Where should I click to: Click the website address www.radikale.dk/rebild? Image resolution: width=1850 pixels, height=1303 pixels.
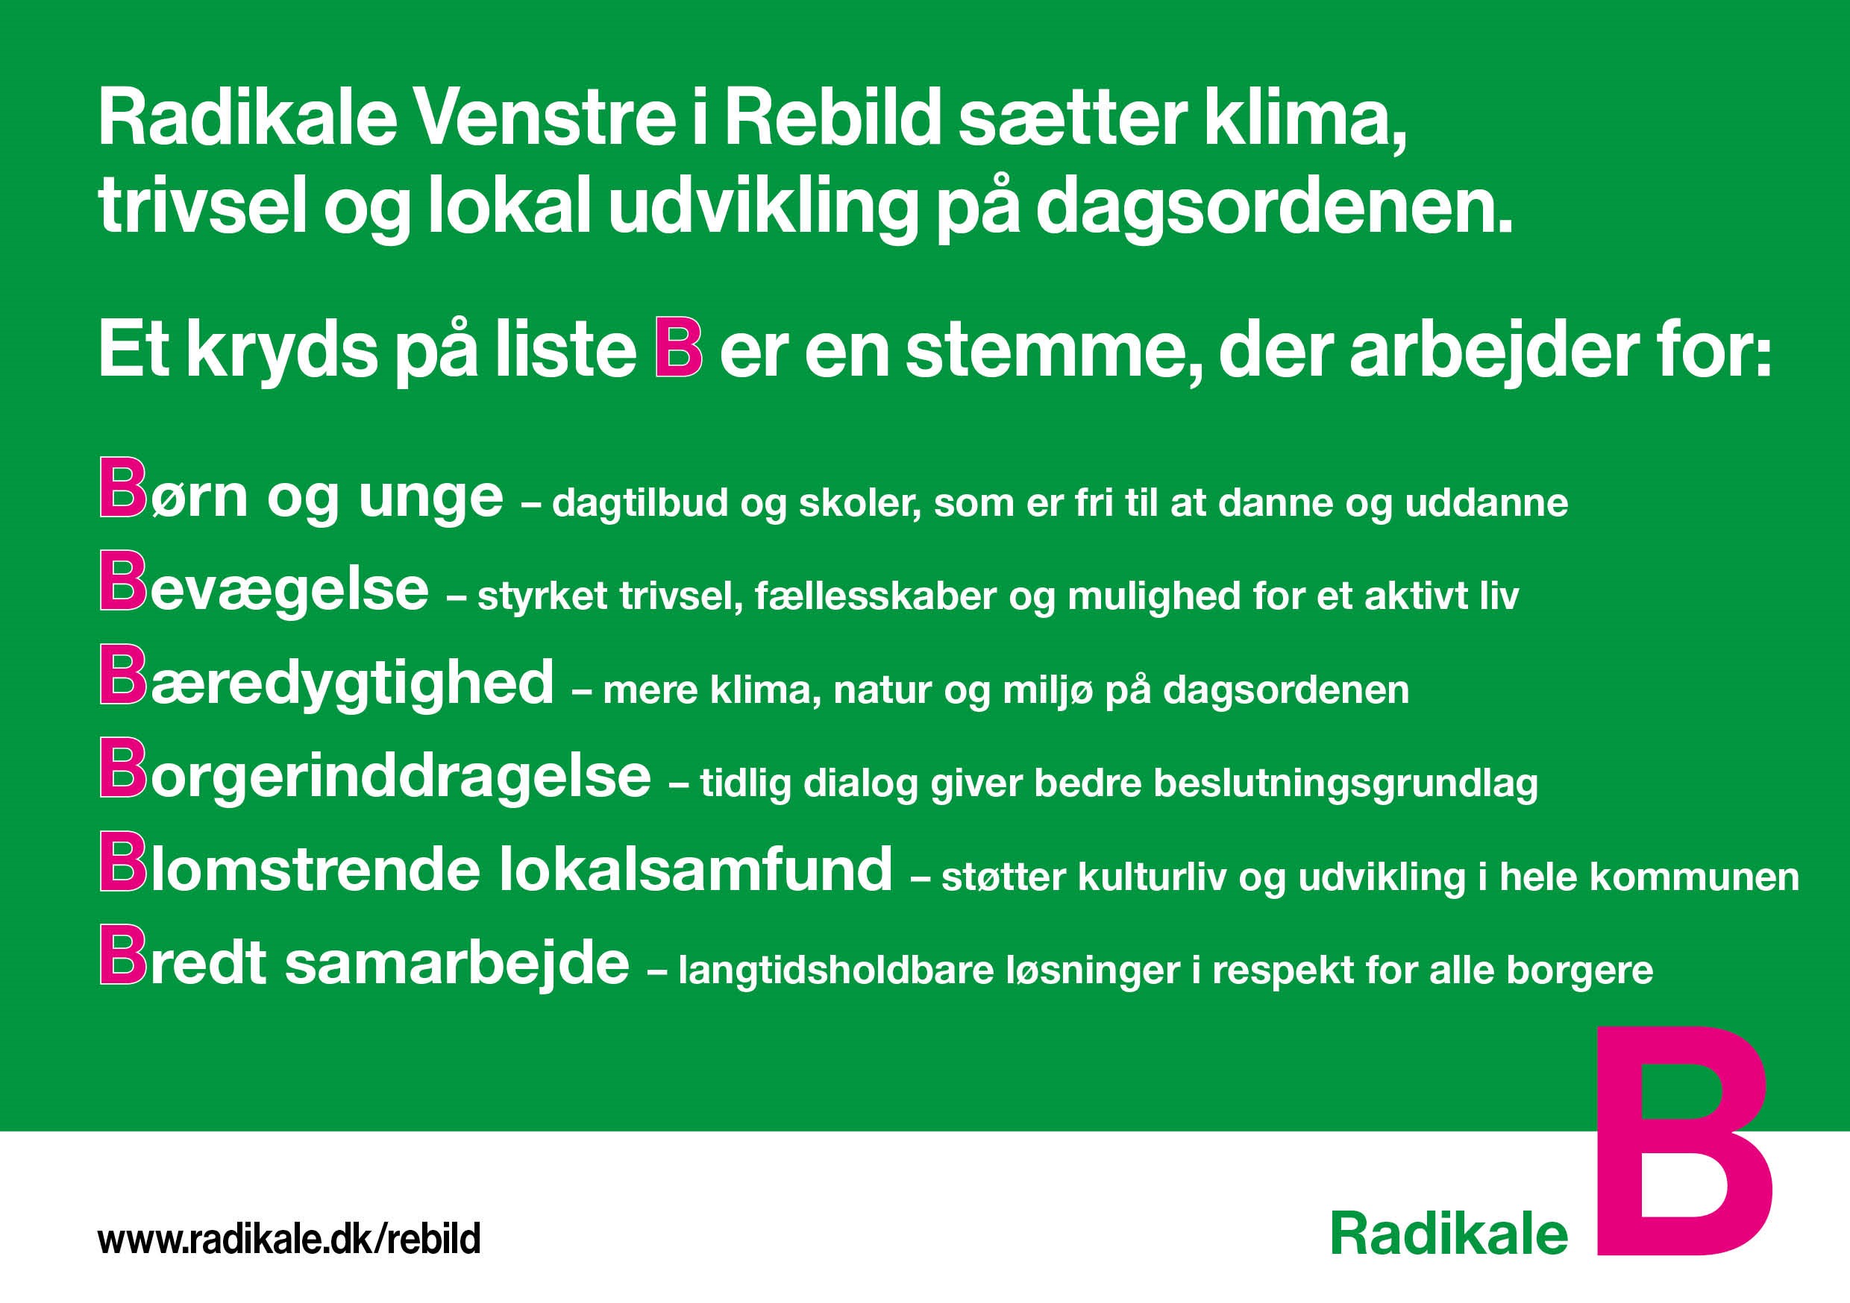tap(289, 1240)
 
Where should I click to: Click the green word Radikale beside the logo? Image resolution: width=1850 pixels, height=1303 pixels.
tap(1449, 1234)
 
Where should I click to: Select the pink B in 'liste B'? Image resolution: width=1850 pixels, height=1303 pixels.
tap(678, 349)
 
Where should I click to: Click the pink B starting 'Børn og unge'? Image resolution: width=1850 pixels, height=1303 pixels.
tap(123, 488)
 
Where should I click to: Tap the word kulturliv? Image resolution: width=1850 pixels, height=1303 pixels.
tap(1153, 876)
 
